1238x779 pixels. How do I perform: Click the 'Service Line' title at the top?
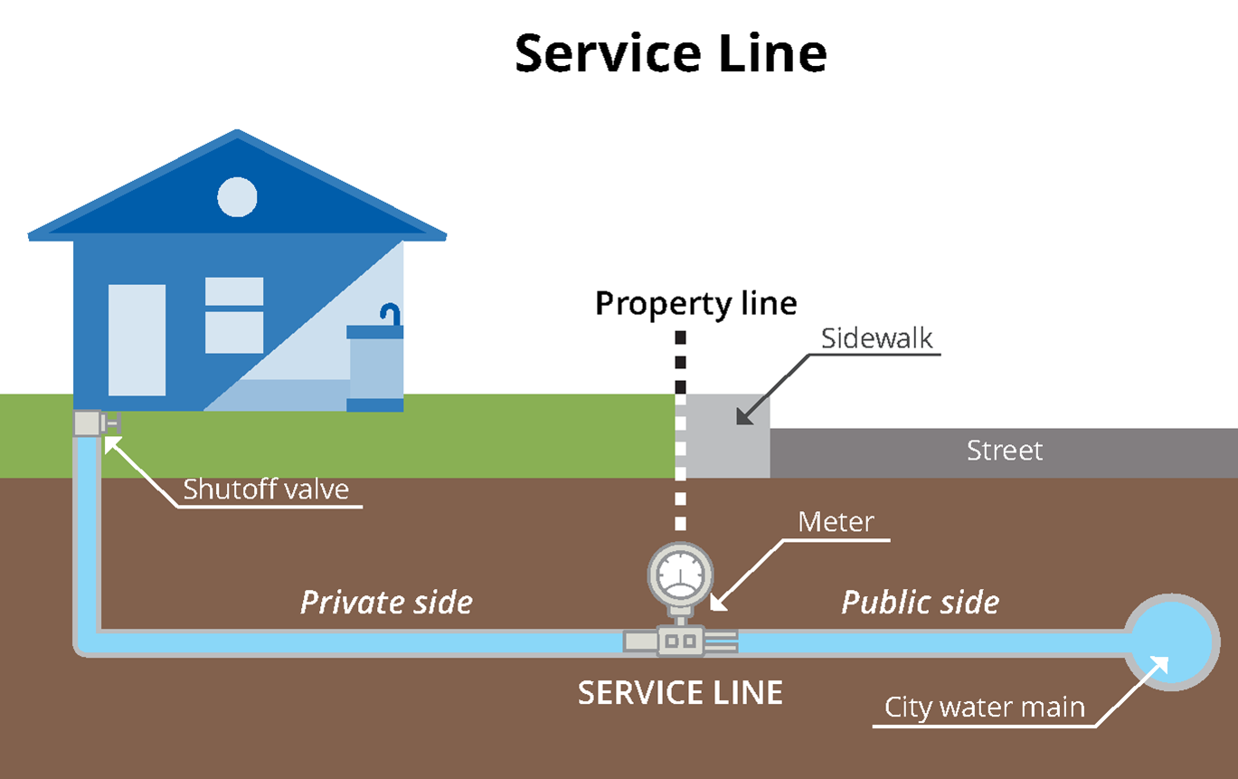click(x=670, y=53)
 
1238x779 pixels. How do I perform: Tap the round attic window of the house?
click(x=238, y=196)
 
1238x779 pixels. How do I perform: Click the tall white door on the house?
click(x=137, y=339)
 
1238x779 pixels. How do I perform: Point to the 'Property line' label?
click(x=695, y=303)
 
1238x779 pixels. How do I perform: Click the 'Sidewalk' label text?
click(x=876, y=338)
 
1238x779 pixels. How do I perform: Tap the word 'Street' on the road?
click(x=1004, y=450)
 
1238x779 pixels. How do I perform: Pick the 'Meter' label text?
click(x=836, y=522)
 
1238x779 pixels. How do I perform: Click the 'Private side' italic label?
click(x=386, y=603)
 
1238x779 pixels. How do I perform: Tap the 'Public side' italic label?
click(x=920, y=603)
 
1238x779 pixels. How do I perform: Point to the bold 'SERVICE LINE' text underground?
click(x=680, y=693)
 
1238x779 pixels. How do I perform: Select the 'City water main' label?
click(x=984, y=707)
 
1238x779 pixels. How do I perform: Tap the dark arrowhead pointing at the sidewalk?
click(x=743, y=415)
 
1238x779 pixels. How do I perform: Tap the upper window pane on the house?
click(x=234, y=291)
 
